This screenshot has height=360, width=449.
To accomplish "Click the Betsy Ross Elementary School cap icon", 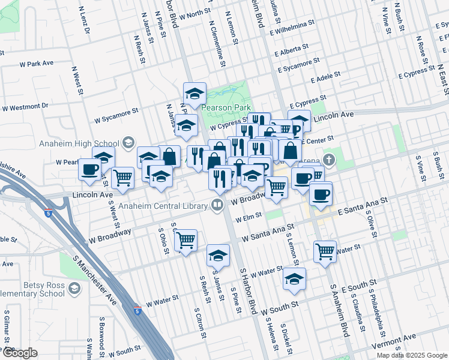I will click(x=73, y=289).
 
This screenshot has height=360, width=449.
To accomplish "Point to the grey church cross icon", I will click(x=328, y=160).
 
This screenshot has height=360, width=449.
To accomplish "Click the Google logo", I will click(x=20, y=353).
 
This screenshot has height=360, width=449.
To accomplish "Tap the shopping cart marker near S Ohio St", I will click(x=185, y=240).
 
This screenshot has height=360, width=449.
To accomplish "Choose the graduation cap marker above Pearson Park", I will click(x=194, y=94).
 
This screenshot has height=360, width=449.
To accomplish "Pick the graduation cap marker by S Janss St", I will click(x=218, y=256).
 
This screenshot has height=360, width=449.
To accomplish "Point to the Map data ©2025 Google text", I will click(x=411, y=355).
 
